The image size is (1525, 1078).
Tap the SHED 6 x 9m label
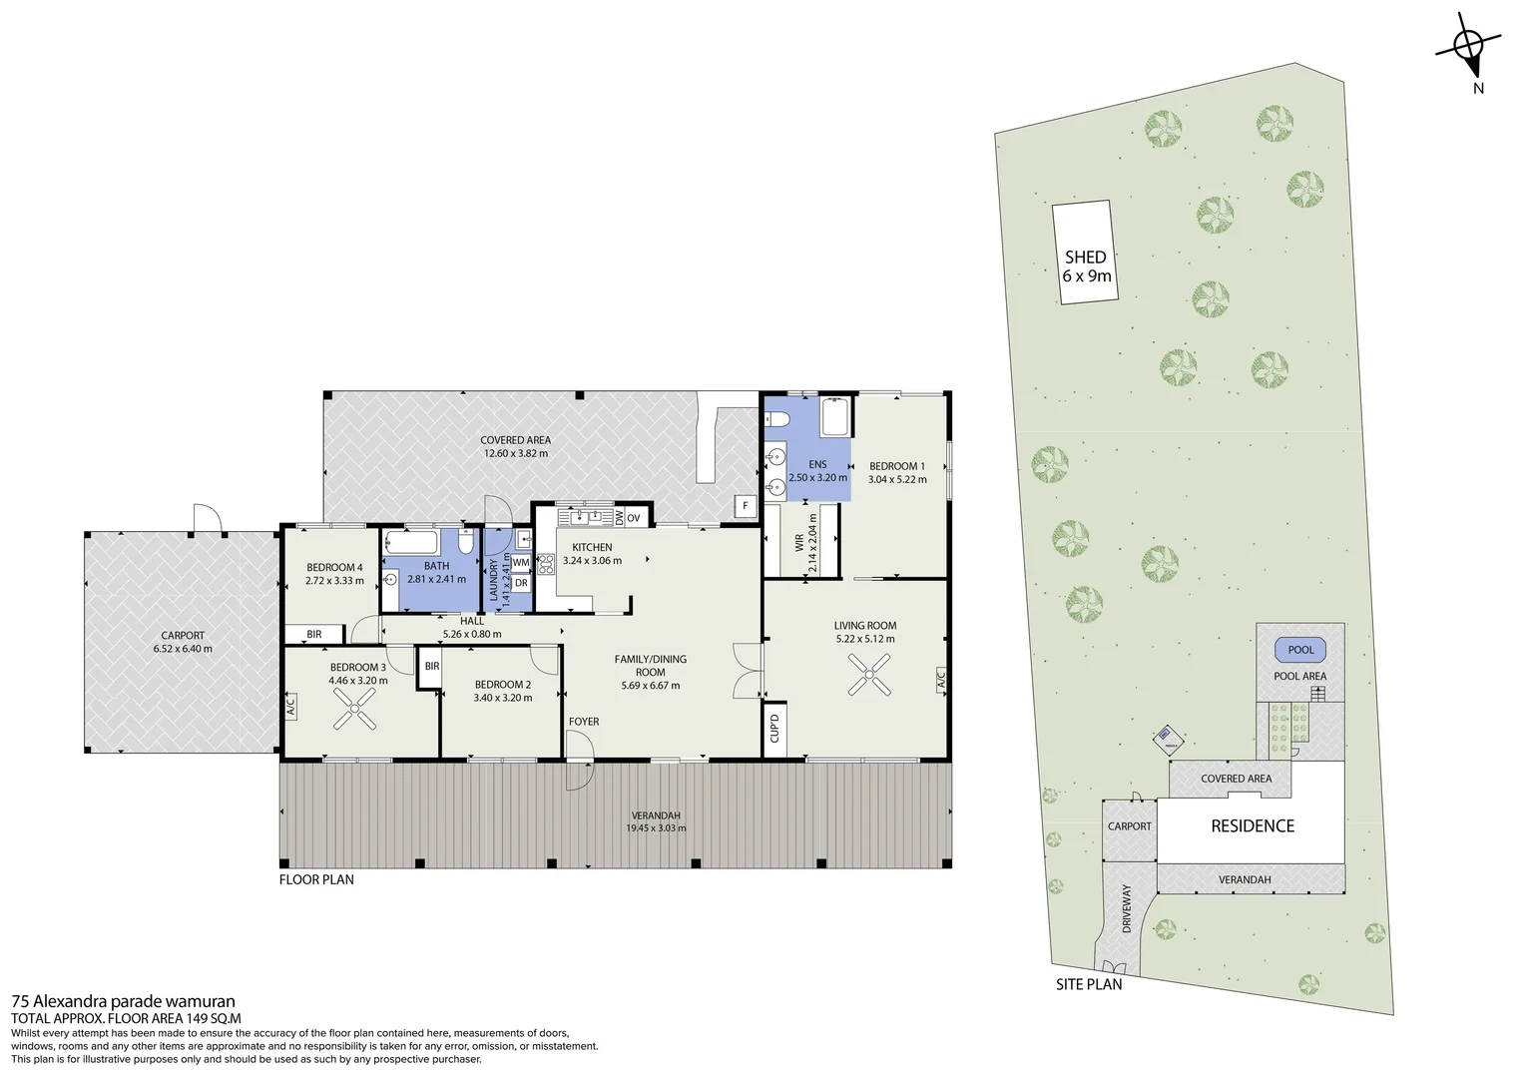(x=1085, y=266)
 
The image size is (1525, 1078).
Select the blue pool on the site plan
(x=1300, y=650)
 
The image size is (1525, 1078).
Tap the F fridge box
(x=745, y=506)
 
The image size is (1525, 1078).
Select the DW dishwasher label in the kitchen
(x=619, y=517)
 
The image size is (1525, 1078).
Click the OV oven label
(x=635, y=517)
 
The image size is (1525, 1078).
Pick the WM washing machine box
(x=521, y=562)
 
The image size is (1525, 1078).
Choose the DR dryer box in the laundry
(x=521, y=583)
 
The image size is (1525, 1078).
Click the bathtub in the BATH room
(x=411, y=544)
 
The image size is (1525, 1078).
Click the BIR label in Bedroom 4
(x=313, y=634)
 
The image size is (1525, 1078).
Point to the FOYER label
(x=584, y=722)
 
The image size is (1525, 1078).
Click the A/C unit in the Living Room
(x=940, y=681)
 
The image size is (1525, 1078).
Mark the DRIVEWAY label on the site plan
(x=1127, y=909)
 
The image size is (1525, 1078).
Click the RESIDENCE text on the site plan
(x=1252, y=825)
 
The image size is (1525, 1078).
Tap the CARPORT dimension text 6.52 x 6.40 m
(x=183, y=649)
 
